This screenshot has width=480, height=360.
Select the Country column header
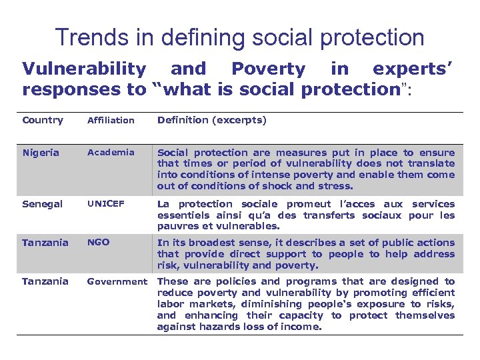click(x=43, y=120)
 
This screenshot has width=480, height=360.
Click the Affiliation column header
click(x=111, y=121)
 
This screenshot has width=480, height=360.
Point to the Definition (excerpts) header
click(x=211, y=120)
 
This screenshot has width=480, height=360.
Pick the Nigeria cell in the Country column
click(x=41, y=153)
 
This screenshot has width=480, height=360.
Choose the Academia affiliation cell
click(x=110, y=152)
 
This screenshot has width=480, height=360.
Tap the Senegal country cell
click(x=43, y=204)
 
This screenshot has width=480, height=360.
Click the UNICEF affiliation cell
click(x=106, y=204)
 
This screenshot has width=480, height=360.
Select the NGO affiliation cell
click(x=98, y=243)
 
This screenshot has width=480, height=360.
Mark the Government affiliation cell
click(x=117, y=281)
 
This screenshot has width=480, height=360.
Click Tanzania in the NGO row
click(x=45, y=243)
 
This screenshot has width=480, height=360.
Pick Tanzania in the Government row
click(x=45, y=281)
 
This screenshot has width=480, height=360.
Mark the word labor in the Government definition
click(x=170, y=304)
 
